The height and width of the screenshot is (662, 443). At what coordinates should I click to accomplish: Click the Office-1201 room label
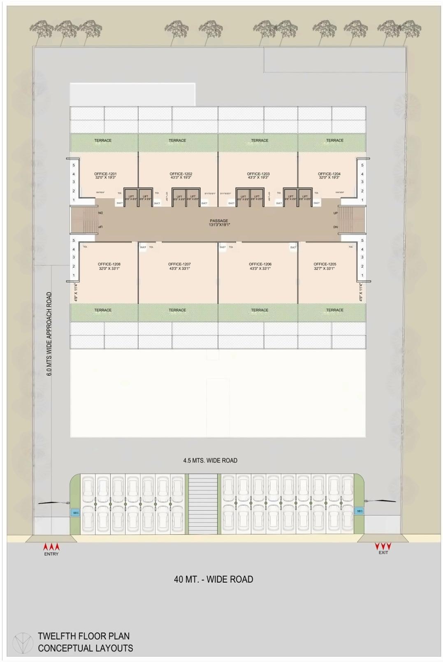(105, 174)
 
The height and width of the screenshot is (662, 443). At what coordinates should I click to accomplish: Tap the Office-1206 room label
(260, 264)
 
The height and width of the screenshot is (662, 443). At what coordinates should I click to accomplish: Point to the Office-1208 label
(109, 264)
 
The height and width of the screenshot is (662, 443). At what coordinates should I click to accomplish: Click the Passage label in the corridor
(219, 221)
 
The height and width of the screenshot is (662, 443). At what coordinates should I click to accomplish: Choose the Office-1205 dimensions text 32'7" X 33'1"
(325, 269)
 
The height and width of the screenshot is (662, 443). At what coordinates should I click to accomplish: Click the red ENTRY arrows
(52, 547)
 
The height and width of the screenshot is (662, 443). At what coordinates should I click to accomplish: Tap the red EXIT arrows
(383, 546)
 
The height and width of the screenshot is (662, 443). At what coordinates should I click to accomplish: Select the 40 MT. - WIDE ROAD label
(213, 579)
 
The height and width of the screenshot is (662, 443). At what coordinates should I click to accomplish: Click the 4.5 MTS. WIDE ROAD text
(210, 460)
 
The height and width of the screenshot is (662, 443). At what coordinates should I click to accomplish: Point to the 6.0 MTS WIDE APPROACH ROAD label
(49, 334)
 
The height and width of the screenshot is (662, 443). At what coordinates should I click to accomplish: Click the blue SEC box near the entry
(76, 513)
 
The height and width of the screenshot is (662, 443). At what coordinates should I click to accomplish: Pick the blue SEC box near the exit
(360, 511)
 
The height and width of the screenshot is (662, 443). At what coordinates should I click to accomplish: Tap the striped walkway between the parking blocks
(202, 504)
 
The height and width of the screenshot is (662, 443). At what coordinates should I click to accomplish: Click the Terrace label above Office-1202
(177, 140)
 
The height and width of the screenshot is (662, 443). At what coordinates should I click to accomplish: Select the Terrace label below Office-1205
(334, 310)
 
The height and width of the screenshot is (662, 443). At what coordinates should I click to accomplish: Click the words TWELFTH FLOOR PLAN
(83, 636)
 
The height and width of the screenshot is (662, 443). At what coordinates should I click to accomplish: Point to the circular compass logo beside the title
(22, 642)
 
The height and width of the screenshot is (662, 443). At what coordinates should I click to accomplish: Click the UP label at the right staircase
(336, 213)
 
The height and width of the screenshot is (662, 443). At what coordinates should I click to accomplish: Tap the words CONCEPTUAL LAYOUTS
(86, 648)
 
